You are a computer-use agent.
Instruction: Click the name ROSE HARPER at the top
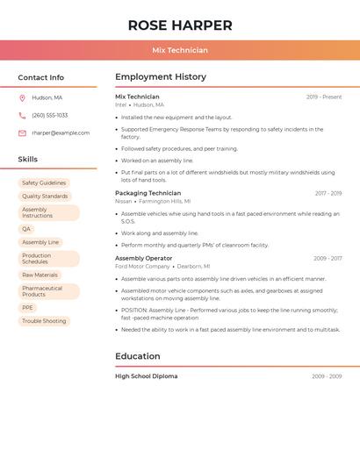click(x=180, y=25)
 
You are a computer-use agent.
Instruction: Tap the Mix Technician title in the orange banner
click(x=180, y=50)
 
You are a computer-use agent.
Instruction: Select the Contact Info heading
click(x=41, y=77)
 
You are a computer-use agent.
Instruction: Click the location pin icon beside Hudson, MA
click(x=22, y=97)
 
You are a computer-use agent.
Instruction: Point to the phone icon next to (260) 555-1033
click(x=22, y=115)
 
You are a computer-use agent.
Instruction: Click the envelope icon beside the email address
click(x=22, y=132)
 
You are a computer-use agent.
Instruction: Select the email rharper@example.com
click(x=61, y=132)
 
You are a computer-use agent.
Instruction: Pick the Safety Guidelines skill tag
click(x=44, y=182)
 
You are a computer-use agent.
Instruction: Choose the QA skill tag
click(x=26, y=229)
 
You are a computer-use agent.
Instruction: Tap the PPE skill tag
click(x=28, y=308)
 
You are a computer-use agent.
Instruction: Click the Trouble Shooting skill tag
click(x=44, y=321)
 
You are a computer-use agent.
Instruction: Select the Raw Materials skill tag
click(x=40, y=275)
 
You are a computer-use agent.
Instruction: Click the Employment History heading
click(x=161, y=77)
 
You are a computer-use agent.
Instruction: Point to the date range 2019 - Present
click(x=324, y=97)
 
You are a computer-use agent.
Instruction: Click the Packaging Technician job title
click(x=148, y=193)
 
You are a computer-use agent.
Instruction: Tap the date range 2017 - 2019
click(x=328, y=193)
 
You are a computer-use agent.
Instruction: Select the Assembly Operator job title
click(x=143, y=258)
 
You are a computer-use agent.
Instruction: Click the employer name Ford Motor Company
click(x=142, y=266)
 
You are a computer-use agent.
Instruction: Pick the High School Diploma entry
click(x=146, y=376)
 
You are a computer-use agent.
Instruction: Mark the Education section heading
click(x=138, y=356)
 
